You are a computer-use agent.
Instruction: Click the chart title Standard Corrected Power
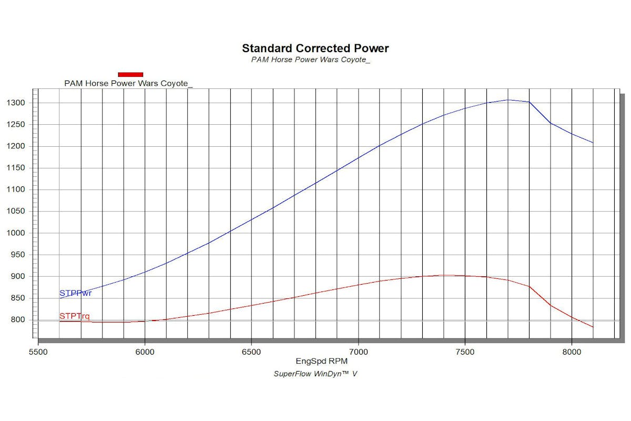pyautogui.click(x=315, y=48)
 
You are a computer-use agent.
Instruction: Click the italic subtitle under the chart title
pyautogui.click(x=311, y=59)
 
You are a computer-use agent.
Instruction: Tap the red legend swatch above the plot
pyautogui.click(x=130, y=74)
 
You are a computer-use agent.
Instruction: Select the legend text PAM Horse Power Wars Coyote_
pyautogui.click(x=128, y=83)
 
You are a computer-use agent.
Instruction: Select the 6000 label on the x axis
pyautogui.click(x=145, y=351)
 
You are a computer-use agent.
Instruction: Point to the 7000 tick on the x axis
pyautogui.click(x=358, y=351)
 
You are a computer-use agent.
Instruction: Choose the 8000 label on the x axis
pyautogui.click(x=572, y=351)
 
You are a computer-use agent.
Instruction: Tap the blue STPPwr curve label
pyautogui.click(x=76, y=293)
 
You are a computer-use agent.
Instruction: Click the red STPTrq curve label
pyautogui.click(x=74, y=316)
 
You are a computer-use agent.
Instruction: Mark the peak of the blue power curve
pyautogui.click(x=508, y=99)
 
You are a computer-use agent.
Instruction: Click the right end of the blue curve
pyautogui.click(x=593, y=143)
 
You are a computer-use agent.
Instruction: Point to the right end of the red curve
pyautogui.click(x=593, y=327)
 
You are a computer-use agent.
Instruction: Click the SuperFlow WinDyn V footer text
pyautogui.click(x=315, y=374)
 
